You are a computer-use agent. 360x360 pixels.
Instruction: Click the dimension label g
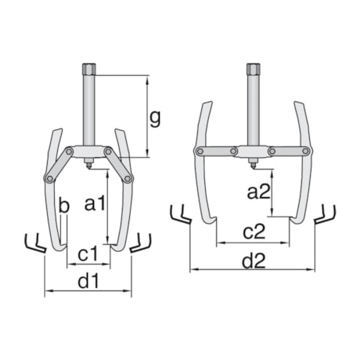[155, 118]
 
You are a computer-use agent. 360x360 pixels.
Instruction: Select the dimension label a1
[95, 205]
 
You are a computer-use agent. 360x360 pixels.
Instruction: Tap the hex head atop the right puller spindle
[253, 70]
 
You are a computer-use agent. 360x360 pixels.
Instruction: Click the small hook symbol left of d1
[33, 243]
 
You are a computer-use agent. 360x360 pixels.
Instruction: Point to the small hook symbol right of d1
[141, 243]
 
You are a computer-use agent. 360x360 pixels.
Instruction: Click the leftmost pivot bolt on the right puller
[200, 152]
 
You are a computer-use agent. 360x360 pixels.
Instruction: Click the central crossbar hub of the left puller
[88, 152]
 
